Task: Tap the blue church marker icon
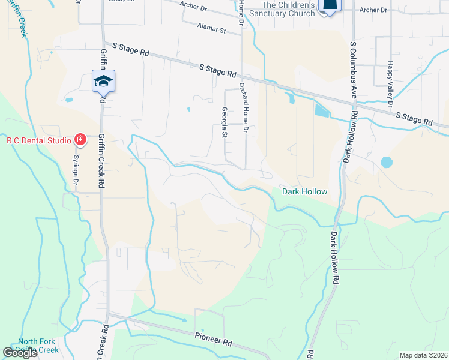(330, 5)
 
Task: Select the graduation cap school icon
(103, 81)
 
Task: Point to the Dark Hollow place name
(305, 191)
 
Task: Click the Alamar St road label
(211, 28)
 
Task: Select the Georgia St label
(224, 122)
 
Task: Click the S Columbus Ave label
(354, 67)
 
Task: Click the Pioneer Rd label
(213, 339)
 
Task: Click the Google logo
(20, 353)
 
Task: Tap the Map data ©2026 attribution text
(423, 355)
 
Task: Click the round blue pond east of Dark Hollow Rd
(387, 162)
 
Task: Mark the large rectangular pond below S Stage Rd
(321, 110)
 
